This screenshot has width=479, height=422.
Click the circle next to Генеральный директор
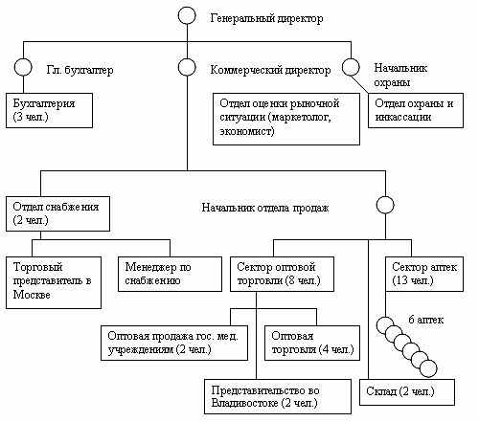(187, 7)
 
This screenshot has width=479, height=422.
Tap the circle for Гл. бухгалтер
(23, 58)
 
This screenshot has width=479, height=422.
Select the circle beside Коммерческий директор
(187, 58)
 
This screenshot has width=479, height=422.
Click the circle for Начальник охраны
(351, 58)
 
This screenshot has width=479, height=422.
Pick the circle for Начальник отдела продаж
(385, 196)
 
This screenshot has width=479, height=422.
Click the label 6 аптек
(426, 320)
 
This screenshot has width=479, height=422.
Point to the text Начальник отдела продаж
(265, 208)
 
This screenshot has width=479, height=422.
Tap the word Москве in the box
(32, 295)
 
